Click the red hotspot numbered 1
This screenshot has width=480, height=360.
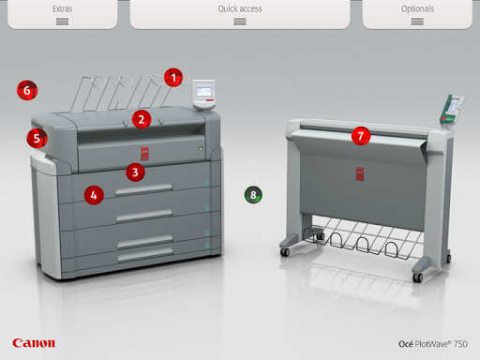coord(173,78)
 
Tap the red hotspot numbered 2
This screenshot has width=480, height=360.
coord(142,119)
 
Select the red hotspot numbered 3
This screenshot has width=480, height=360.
coord(135,172)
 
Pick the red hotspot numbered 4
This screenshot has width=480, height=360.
coord(94,195)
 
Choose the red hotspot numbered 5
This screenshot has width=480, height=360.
coord(37,139)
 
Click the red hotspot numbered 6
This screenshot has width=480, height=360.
coord(27,90)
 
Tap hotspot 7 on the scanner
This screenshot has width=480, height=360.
coord(361,136)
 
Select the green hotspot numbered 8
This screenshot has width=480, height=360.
coord(253,195)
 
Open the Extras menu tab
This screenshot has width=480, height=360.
coord(62,14)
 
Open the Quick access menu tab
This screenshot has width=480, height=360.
coord(240,14)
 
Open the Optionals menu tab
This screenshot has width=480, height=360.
coord(417,14)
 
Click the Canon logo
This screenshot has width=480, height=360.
coord(34,343)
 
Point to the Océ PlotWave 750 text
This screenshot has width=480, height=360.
coord(433,344)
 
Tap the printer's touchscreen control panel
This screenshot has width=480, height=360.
coord(203,95)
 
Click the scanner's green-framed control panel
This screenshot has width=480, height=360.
coord(452,111)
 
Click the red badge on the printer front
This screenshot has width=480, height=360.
coord(144,154)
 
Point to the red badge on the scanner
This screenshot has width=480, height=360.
coord(360,173)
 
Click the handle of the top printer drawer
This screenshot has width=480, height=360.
coord(143,189)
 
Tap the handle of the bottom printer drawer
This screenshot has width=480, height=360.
coord(145,255)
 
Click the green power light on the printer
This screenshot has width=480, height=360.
coord(201,149)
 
